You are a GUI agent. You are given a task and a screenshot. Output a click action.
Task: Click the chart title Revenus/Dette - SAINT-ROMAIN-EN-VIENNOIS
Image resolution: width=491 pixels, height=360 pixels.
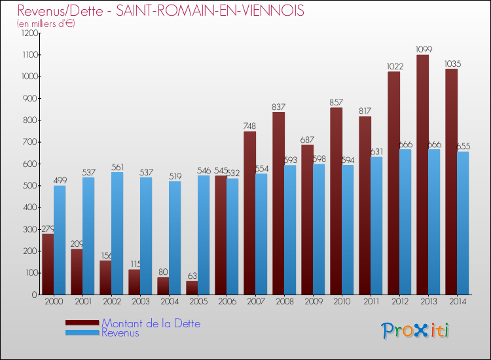point(161,11)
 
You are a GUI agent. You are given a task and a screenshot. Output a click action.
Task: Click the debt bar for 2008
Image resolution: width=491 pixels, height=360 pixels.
point(278,203)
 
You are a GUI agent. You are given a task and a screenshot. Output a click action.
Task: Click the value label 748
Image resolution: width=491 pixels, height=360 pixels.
point(250,126)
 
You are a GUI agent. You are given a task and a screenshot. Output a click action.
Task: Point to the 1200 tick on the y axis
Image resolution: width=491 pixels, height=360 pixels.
point(29,33)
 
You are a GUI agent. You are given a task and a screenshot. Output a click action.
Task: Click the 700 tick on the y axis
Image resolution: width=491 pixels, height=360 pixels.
point(31,142)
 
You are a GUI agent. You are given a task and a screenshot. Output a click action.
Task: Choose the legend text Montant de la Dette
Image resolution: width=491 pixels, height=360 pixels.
point(151,323)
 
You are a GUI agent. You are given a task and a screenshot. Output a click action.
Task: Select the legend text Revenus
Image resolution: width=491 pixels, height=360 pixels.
point(120,333)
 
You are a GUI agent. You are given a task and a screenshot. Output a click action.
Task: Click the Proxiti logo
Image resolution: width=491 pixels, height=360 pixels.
point(416,330)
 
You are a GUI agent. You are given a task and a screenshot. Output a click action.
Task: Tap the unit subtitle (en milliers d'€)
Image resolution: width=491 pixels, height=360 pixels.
point(46,24)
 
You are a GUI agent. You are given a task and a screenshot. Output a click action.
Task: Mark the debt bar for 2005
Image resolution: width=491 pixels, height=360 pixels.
point(192,287)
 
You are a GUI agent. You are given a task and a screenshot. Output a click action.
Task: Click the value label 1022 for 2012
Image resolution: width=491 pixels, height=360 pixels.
point(394,66)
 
